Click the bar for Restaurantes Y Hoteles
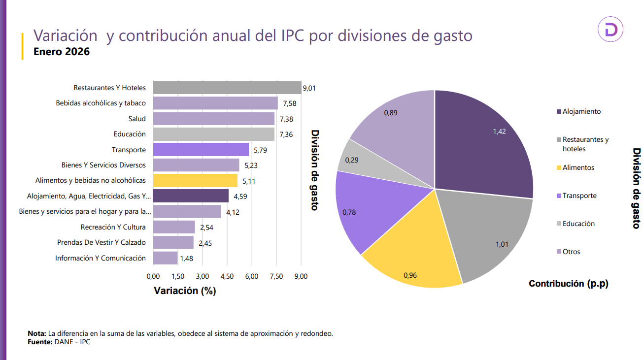point(227,88)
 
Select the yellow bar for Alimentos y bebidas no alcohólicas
point(195,180)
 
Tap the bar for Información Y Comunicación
point(165,258)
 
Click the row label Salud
point(137,119)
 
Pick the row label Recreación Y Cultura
point(113,227)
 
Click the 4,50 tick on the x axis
point(227,276)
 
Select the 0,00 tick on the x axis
point(153,276)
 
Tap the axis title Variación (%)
point(185,291)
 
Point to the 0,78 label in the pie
point(349,212)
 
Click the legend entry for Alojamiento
point(578,111)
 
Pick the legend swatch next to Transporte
point(559,196)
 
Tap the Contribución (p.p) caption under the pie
point(568,284)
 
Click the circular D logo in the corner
point(610,30)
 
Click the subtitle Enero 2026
point(62,51)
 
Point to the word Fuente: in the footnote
point(39,342)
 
